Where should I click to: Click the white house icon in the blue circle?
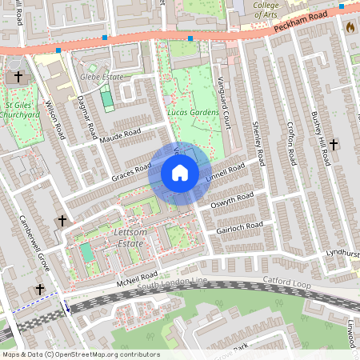tap(180, 173)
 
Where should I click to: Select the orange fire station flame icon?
tap(349, 26)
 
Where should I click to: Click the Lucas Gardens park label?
tap(193, 113)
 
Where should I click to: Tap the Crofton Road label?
tap(291, 144)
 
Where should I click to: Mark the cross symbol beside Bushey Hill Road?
tap(334, 144)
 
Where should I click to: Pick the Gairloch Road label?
tap(239, 226)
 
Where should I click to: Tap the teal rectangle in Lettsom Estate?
tap(86, 253)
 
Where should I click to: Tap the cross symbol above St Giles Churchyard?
tap(18, 78)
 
